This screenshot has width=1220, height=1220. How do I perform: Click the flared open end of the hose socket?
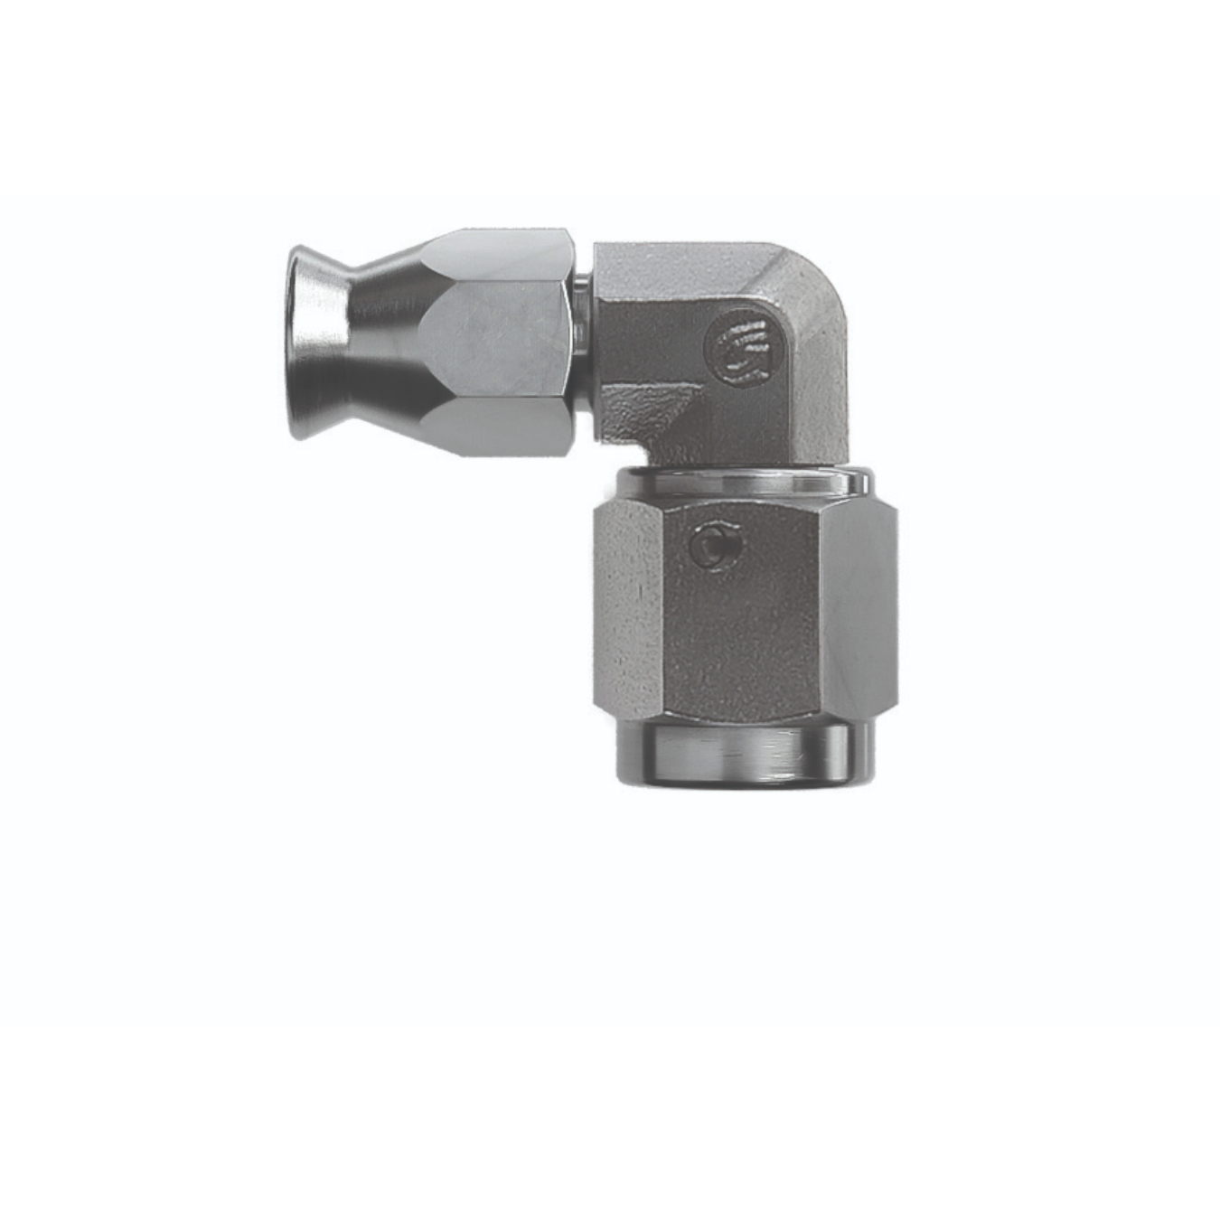[312, 343]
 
